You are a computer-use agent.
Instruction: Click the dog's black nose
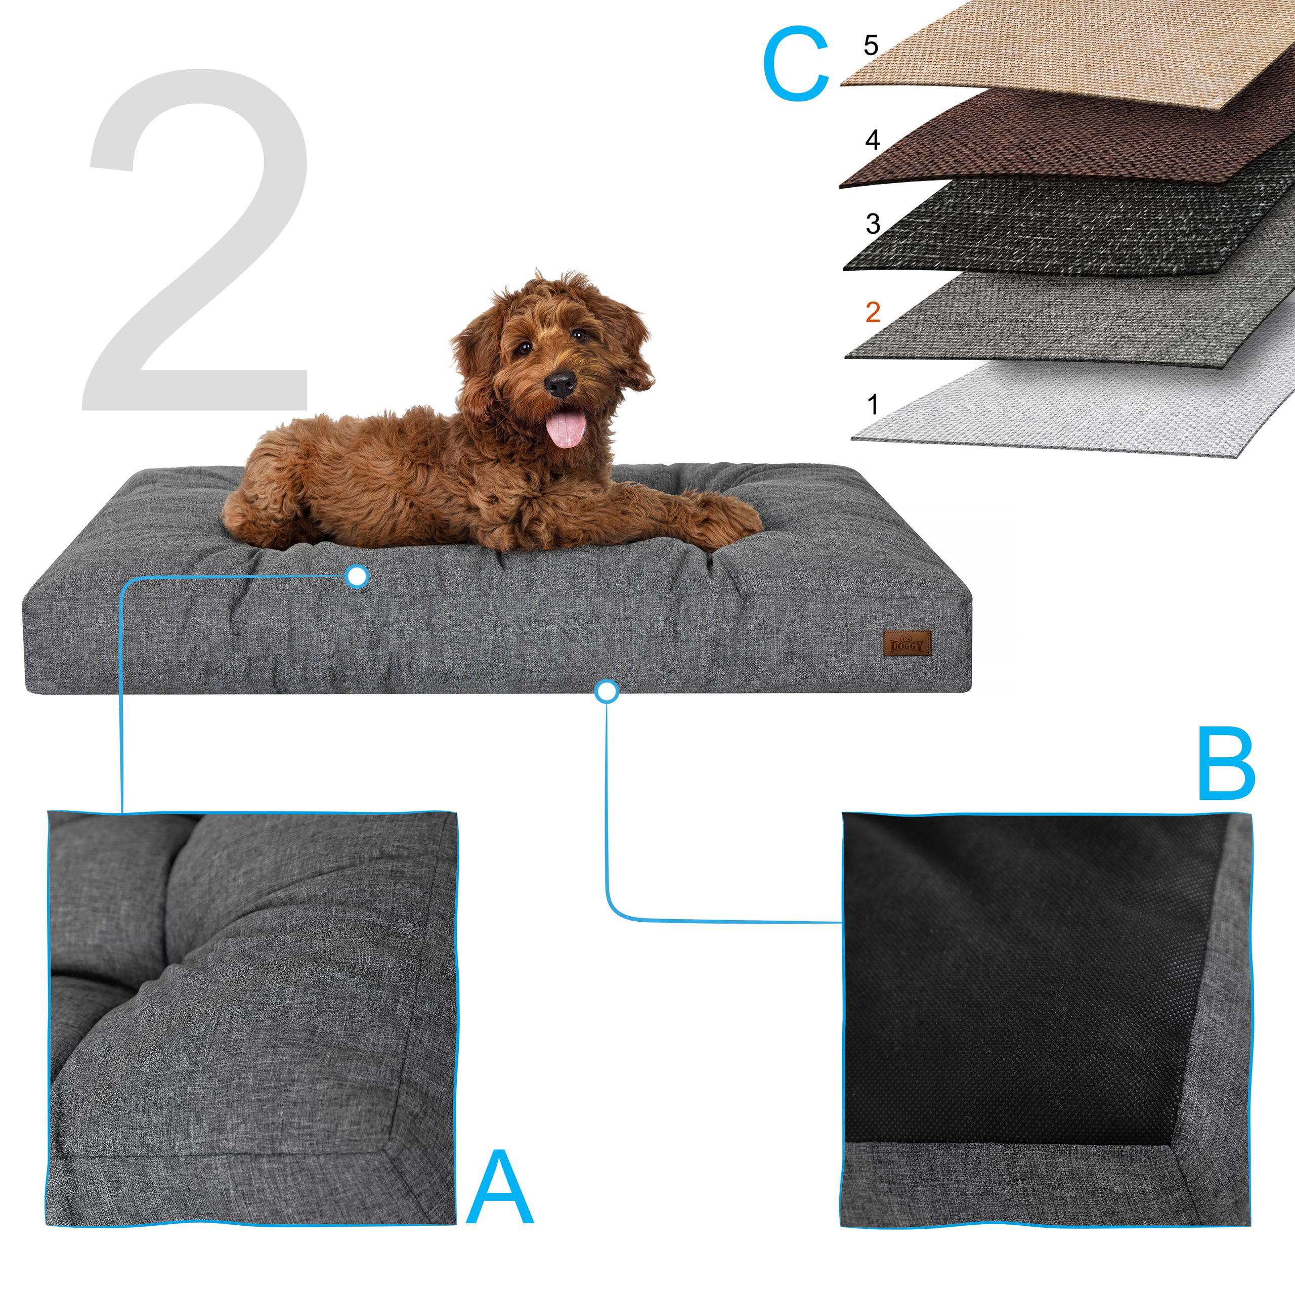click(x=560, y=384)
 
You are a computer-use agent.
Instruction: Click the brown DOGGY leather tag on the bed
click(x=907, y=643)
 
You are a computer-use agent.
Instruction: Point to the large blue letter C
click(x=796, y=65)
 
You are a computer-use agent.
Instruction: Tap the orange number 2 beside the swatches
click(x=872, y=312)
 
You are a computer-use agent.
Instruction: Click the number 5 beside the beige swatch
click(x=870, y=46)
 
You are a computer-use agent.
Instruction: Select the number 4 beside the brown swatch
click(x=872, y=140)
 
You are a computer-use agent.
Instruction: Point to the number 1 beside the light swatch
click(x=872, y=405)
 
